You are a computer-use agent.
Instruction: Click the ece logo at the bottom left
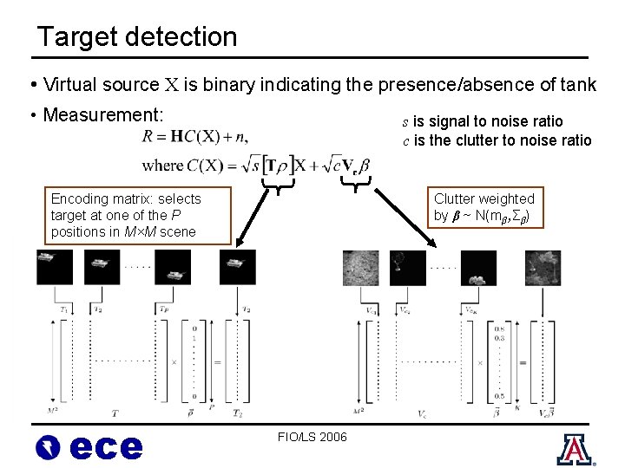pos(89,445)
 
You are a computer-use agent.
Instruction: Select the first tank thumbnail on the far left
pos(54,266)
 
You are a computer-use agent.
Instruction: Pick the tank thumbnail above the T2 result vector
pos(238,266)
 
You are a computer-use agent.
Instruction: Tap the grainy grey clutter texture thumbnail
pos(361,266)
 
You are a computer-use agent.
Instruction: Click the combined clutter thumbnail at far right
pos(543,266)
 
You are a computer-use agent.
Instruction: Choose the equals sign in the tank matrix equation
pos(217,361)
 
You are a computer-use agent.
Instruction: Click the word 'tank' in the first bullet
pos(577,85)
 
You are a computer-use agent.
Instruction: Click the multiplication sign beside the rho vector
pos(174,361)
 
